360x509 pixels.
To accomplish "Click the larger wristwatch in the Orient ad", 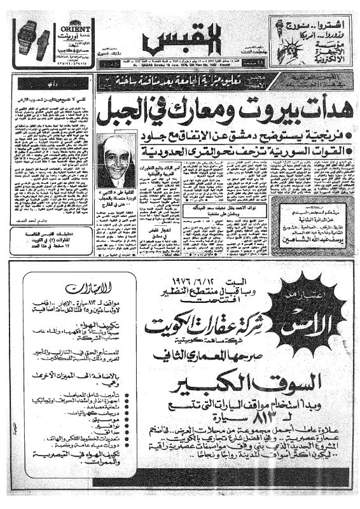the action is [x=29, y=38].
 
